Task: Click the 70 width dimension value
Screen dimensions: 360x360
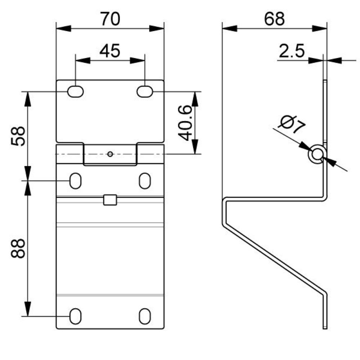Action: point(110,19)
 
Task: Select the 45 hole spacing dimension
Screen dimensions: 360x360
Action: point(110,51)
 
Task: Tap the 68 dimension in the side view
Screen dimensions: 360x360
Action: point(274,19)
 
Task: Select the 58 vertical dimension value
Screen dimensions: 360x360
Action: point(18,135)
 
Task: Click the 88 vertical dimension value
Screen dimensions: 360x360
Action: point(18,248)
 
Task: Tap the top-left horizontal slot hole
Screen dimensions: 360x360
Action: point(76,92)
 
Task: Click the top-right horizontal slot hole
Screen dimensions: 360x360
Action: point(145,91)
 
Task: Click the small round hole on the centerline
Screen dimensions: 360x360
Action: point(110,154)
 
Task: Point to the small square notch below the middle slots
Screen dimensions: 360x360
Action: point(110,200)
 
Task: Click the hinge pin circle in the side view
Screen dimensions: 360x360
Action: point(317,154)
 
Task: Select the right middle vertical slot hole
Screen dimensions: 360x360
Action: point(145,180)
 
